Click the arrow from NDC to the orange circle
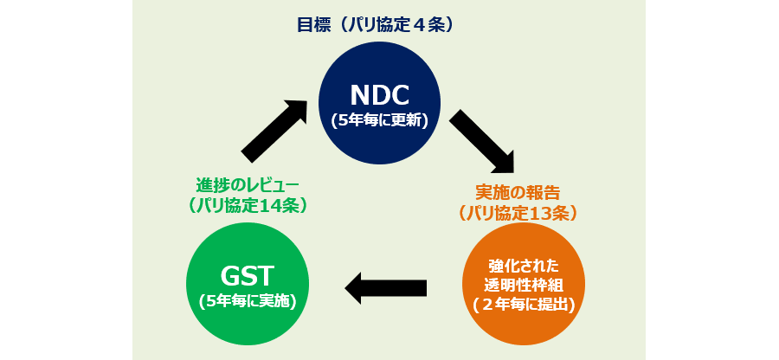(x=482, y=143)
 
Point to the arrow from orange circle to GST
(x=386, y=287)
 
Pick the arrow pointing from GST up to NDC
(x=275, y=130)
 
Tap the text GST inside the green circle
(x=247, y=276)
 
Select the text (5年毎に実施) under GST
(x=247, y=301)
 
